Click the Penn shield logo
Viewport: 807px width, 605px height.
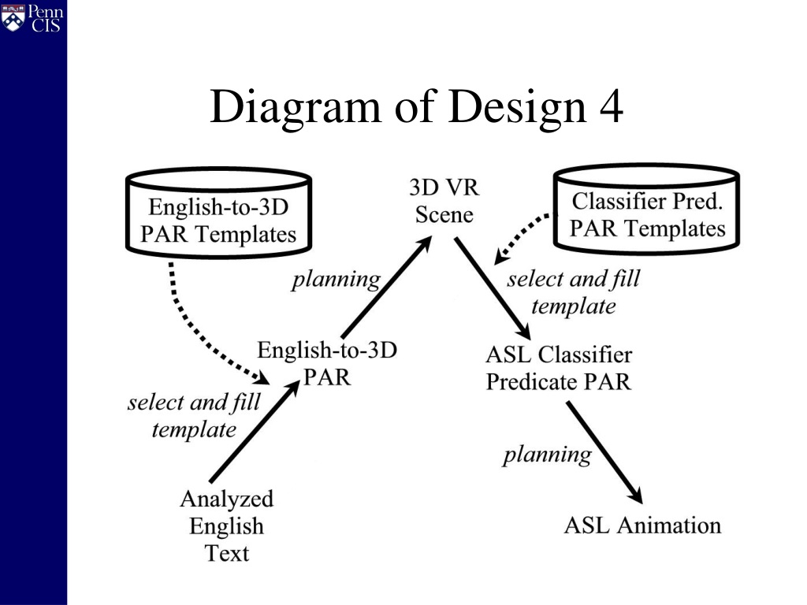click(x=13, y=18)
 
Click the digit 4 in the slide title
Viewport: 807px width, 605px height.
click(x=611, y=107)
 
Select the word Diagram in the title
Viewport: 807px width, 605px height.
click(x=296, y=109)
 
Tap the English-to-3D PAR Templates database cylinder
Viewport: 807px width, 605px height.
click(x=219, y=212)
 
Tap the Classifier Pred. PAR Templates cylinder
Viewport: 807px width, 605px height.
click(x=646, y=208)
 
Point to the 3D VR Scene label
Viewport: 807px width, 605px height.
click(x=444, y=201)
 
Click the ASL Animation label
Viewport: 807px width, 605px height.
click(x=642, y=525)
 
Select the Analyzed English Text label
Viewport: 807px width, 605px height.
click(x=226, y=525)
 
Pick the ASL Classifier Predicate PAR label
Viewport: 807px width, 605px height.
click(x=559, y=368)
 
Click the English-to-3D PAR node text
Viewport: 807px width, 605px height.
click(x=327, y=363)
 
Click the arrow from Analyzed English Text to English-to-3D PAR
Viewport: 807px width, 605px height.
click(x=255, y=431)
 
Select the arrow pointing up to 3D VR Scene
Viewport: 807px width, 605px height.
click(x=387, y=287)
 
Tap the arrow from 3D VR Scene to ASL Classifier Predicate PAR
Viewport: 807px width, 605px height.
click(x=492, y=288)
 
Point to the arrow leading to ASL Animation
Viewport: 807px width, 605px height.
click(x=604, y=453)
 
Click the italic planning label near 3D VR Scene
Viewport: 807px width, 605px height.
click(x=336, y=280)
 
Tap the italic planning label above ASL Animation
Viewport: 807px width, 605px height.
click(x=548, y=455)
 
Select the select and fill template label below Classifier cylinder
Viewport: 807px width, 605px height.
click(x=574, y=292)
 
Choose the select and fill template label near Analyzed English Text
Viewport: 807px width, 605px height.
click(x=194, y=416)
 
